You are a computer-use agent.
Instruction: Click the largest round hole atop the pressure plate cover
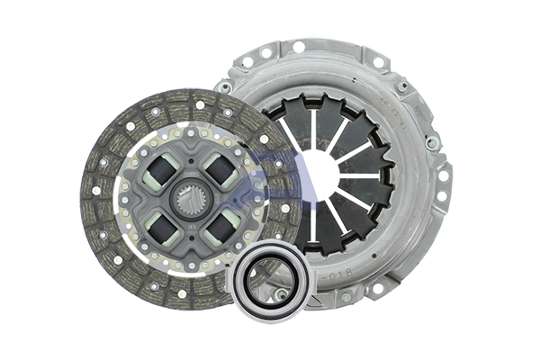pos(298,47)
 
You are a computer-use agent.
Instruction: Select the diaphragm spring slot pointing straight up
pos(312,126)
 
